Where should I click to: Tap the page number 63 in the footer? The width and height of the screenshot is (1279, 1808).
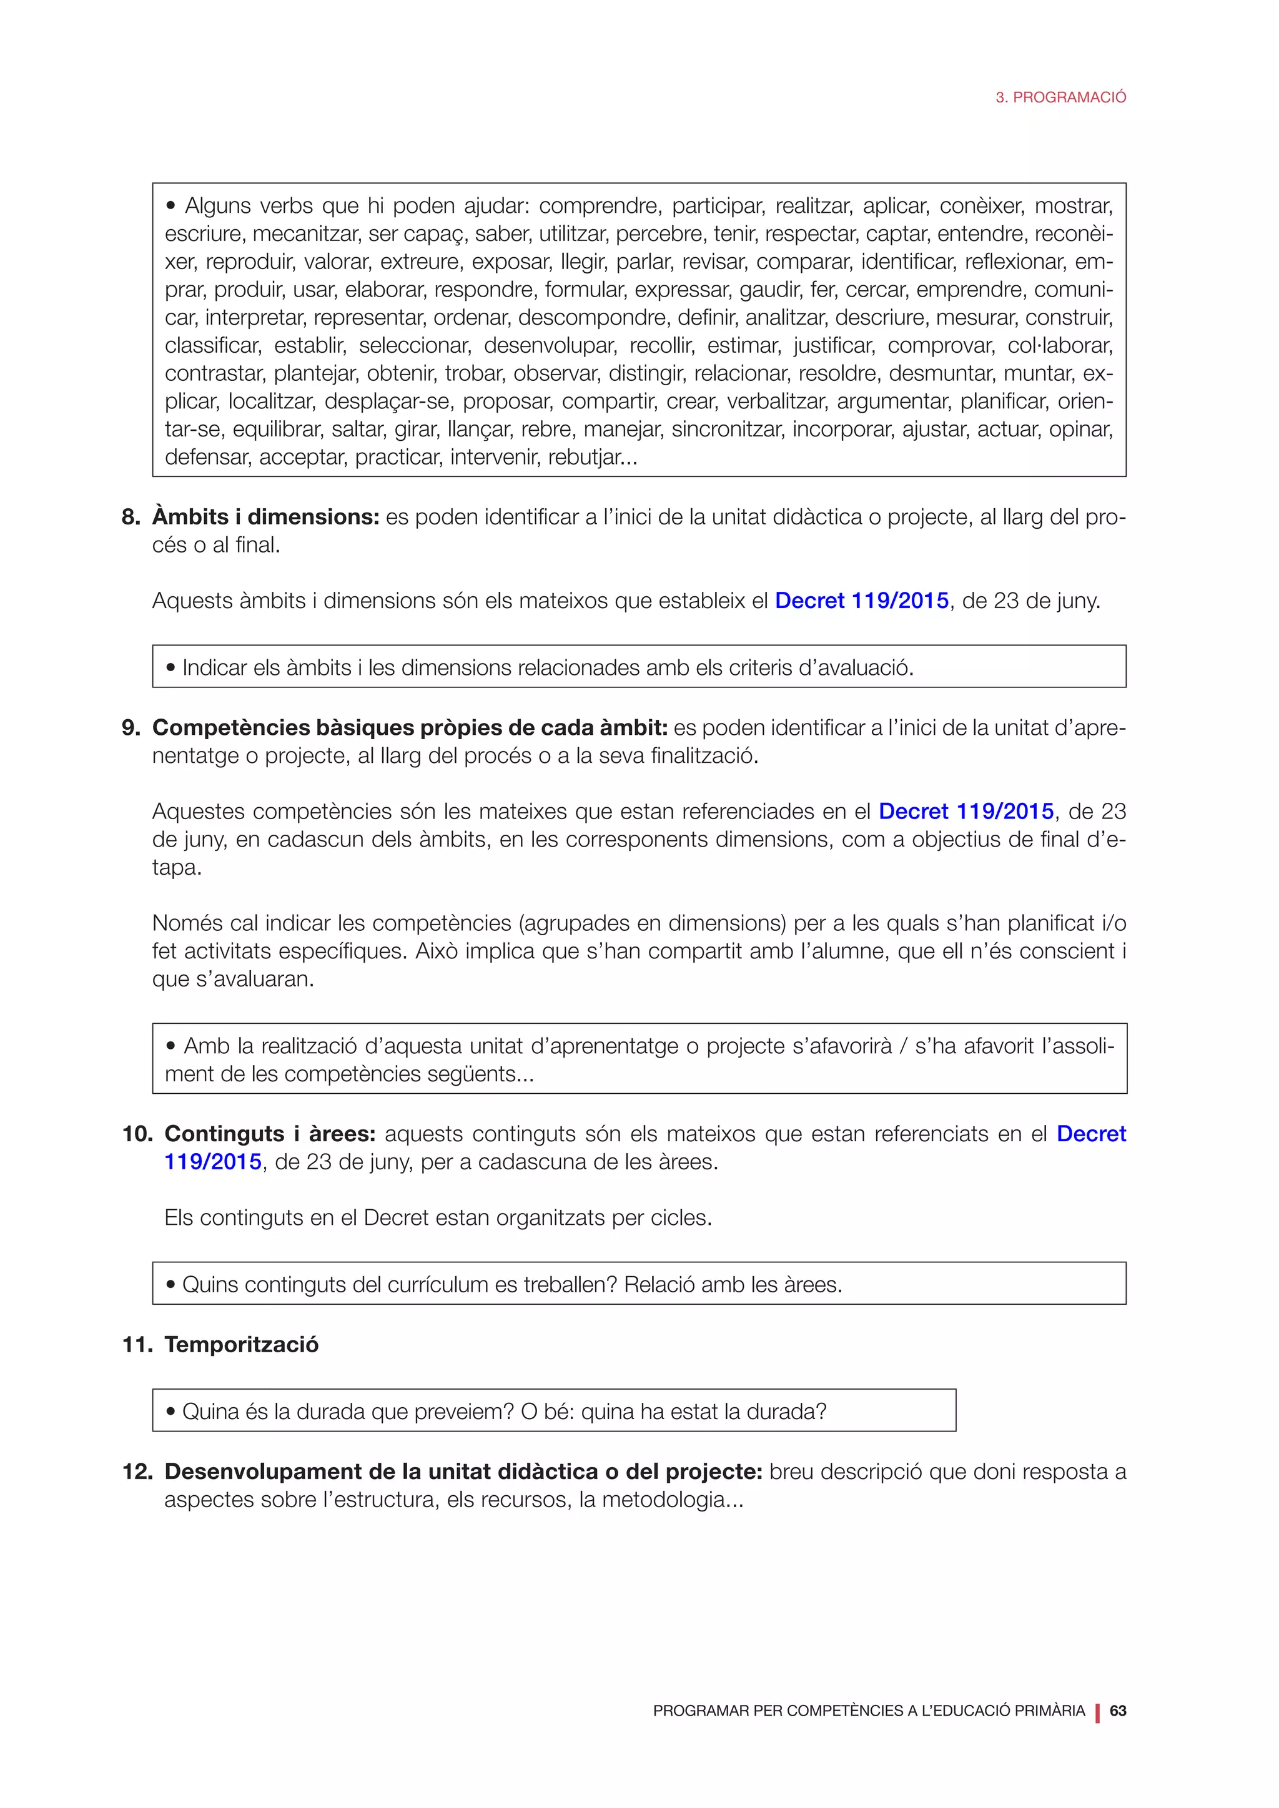point(1117,1711)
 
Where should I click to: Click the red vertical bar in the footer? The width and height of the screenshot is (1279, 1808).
point(1097,1711)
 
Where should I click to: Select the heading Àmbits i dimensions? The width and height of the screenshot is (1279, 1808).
point(265,518)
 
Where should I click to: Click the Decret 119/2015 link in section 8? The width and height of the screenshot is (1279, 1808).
point(862,601)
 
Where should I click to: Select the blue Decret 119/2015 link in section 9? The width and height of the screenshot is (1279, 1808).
point(965,811)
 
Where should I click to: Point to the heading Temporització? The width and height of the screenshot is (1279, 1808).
point(241,1344)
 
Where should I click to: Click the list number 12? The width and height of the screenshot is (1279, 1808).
point(136,1471)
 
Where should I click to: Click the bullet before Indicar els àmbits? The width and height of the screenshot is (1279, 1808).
point(171,669)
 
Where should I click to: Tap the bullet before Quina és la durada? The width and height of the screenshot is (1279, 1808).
point(171,1412)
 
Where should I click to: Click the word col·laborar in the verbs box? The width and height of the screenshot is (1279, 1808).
point(1059,346)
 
